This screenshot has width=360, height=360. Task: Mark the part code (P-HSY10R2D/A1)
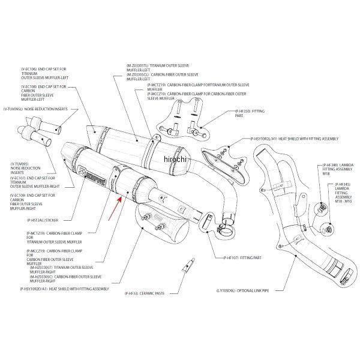coord(37,288)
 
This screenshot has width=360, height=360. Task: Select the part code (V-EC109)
coord(19,196)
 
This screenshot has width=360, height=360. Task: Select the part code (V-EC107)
coord(19,178)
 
